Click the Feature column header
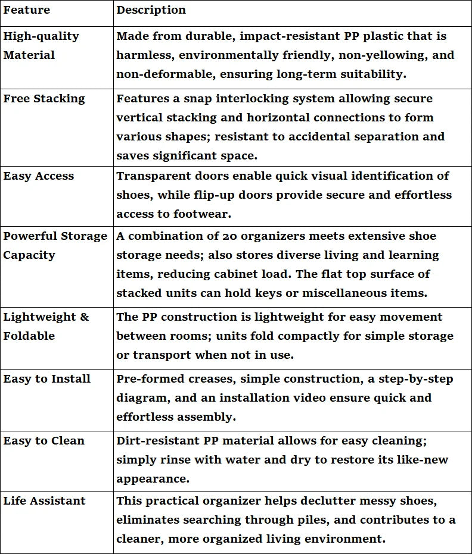tap(27, 10)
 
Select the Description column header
tap(151, 10)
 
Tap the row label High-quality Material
tap(41, 45)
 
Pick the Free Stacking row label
tap(44, 98)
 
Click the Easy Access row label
tap(39, 176)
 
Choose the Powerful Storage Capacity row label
tap(55, 245)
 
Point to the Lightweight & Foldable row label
tap(46, 326)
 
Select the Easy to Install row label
tap(47, 378)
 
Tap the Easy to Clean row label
tap(44, 441)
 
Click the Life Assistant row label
tap(45, 501)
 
